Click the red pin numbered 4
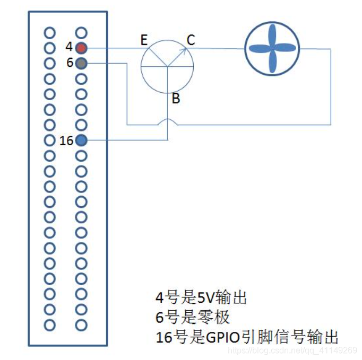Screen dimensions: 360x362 coord(81,48)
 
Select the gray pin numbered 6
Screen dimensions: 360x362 coord(81,64)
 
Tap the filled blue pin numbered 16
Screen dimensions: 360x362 coord(81,141)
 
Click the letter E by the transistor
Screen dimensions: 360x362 coord(143,40)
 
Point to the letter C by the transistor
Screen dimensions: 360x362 coord(191,40)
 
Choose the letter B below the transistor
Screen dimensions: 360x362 coord(176,99)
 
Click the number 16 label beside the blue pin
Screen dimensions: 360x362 coord(66,141)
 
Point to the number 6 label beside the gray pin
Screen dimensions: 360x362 coord(70,63)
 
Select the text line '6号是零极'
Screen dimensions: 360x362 coord(192,317)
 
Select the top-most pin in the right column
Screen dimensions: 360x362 coord(81,32)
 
